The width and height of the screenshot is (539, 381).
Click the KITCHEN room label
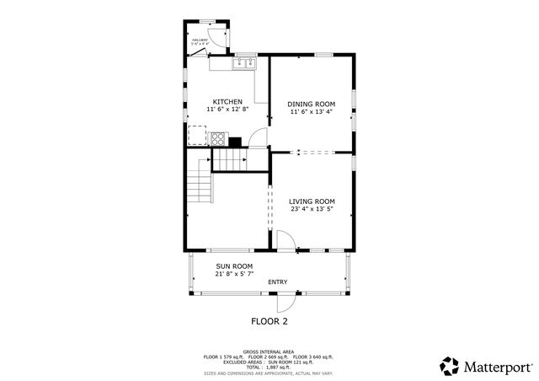[227, 102]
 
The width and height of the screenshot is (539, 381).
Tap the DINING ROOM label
[312, 104]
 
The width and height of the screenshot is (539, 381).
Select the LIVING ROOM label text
[312, 201]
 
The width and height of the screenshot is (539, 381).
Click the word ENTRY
[277, 282]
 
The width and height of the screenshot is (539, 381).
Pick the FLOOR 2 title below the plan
[269, 321]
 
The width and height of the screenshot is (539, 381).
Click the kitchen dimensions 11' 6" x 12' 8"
[227, 110]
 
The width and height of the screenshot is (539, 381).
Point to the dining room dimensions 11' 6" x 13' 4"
[312, 111]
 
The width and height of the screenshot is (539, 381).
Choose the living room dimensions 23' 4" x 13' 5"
[312, 209]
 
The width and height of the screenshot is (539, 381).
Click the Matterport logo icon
[450, 365]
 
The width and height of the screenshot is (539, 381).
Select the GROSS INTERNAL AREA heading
[269, 351]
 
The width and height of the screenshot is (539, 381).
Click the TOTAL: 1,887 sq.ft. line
[269, 368]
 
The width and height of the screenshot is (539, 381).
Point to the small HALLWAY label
[200, 40]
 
